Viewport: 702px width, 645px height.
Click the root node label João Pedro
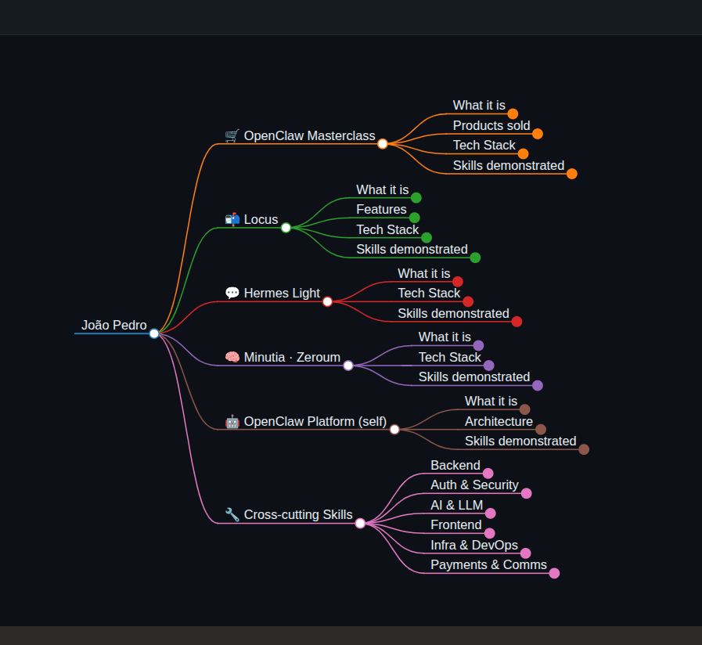(113, 325)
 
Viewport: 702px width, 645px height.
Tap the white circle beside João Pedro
(154, 333)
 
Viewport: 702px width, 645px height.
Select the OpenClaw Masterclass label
(309, 135)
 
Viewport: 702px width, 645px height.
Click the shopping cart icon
(232, 135)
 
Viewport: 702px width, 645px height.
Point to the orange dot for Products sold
(538, 134)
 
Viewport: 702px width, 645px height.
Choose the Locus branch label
(261, 219)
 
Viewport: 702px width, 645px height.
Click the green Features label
(381, 209)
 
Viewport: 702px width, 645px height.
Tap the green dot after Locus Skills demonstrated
(476, 258)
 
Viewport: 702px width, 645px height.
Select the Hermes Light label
(282, 293)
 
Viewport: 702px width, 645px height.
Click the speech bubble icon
(232, 293)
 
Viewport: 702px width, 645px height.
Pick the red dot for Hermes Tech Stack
(468, 301)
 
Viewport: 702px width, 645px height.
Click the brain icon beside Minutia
(232, 357)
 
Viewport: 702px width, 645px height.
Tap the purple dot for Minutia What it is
(479, 345)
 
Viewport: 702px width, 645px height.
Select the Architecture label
(499, 421)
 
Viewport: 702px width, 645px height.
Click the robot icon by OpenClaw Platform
(232, 421)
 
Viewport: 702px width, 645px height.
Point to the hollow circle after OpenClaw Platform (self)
(394, 430)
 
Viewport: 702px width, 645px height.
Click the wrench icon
(232, 514)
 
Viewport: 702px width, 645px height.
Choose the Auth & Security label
(474, 485)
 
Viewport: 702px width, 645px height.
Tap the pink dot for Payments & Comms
(554, 573)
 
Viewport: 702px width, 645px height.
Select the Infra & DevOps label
(474, 545)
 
